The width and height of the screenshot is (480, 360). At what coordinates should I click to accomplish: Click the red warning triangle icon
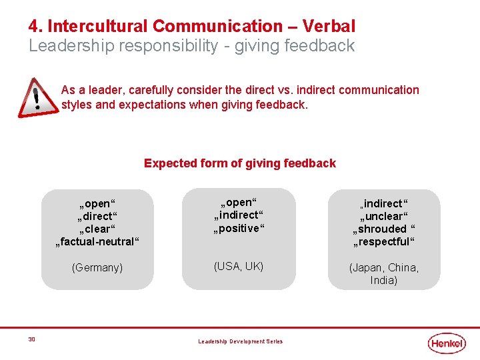click(x=37, y=98)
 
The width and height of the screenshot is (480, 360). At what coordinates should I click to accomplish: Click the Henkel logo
click(x=447, y=343)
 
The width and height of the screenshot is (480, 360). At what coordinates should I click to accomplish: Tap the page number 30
click(x=32, y=339)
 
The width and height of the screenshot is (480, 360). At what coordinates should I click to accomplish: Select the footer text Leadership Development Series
click(x=240, y=341)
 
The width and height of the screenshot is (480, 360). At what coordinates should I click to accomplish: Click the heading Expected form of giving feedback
click(x=240, y=163)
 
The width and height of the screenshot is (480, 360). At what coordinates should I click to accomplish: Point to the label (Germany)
click(x=97, y=267)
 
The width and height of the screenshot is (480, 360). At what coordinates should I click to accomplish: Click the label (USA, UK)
click(x=239, y=266)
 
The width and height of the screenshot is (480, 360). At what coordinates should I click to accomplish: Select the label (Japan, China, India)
click(x=384, y=274)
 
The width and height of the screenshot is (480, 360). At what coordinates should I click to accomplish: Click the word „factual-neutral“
click(x=97, y=241)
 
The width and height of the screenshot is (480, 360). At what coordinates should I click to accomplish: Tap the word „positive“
click(x=239, y=228)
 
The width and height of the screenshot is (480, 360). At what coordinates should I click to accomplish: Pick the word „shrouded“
click(x=380, y=229)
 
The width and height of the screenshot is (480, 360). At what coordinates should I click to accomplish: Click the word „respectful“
click(x=384, y=241)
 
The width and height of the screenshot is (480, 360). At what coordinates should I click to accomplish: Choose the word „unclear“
click(x=384, y=216)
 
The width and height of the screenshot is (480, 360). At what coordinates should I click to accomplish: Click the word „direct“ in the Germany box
click(x=97, y=216)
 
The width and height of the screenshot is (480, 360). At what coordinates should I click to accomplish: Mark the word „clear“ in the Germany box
click(x=97, y=229)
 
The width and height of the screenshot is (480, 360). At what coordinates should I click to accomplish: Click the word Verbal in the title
click(x=329, y=27)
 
